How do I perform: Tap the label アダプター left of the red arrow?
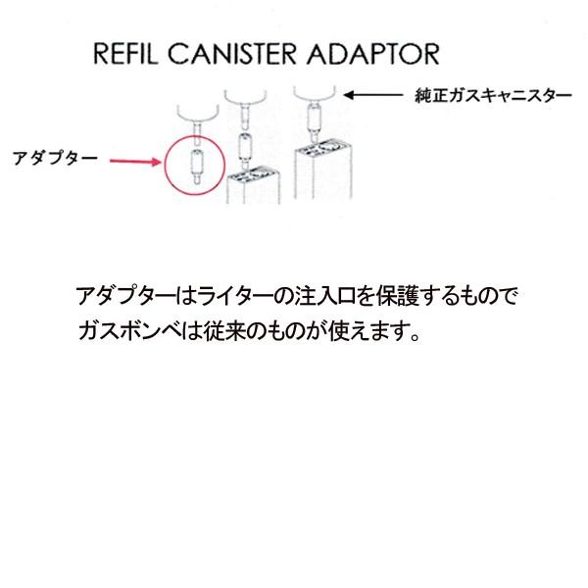pos(53,157)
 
